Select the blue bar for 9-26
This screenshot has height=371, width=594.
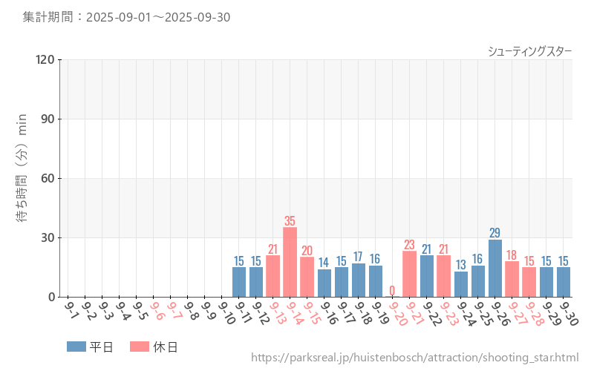495,268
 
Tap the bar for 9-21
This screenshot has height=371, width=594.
409,274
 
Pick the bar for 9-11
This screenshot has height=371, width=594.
239,282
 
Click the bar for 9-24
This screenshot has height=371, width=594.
461,284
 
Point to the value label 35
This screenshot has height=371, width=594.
290,221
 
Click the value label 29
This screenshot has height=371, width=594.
495,233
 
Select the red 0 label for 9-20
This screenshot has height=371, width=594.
392,291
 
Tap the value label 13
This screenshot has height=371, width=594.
461,265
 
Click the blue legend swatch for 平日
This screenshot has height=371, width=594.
76,347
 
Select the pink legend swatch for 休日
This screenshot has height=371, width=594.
140,347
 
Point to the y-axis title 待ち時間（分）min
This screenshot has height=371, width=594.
22,178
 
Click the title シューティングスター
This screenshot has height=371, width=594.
529,50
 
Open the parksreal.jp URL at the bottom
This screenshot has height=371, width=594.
414,358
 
